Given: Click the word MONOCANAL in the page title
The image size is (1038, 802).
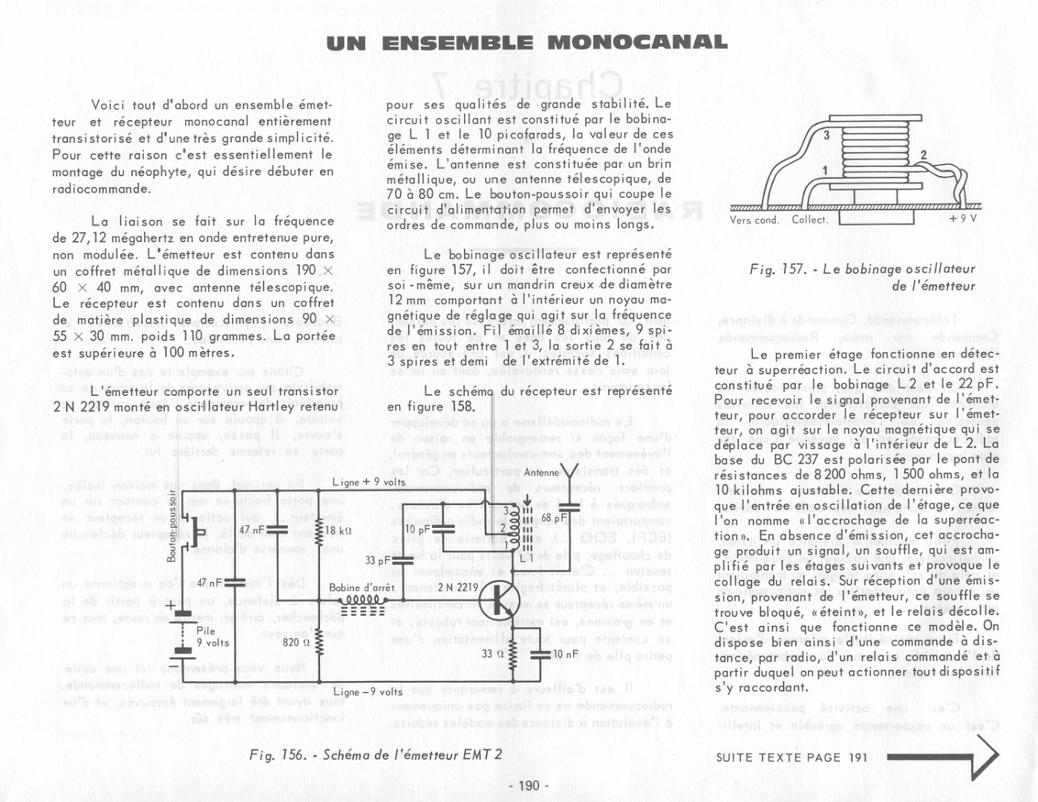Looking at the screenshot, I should [637, 42].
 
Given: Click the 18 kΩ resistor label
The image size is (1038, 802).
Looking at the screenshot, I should [339, 531].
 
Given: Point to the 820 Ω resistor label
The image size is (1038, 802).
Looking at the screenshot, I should [296, 642].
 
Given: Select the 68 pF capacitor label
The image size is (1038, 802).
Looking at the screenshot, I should [554, 518].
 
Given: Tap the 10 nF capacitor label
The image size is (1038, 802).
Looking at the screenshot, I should [566, 654].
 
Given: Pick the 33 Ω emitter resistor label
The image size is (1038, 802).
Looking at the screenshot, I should [492, 654].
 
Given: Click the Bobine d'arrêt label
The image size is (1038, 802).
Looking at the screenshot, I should [362, 588].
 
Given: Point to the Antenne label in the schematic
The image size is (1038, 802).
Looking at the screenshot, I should [541, 472].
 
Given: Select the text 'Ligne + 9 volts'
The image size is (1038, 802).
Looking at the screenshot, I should [369, 482].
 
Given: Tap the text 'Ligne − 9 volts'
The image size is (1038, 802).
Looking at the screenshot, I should [368, 692].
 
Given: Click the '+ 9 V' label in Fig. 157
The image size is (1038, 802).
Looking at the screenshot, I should [962, 219].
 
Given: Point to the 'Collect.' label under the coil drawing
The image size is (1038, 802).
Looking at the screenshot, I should [809, 220].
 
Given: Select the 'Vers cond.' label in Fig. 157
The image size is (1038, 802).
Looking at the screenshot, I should [754, 220].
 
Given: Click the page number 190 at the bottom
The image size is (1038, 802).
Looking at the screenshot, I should [529, 786].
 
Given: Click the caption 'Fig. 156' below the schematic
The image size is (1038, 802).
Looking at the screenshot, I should [278, 755].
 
